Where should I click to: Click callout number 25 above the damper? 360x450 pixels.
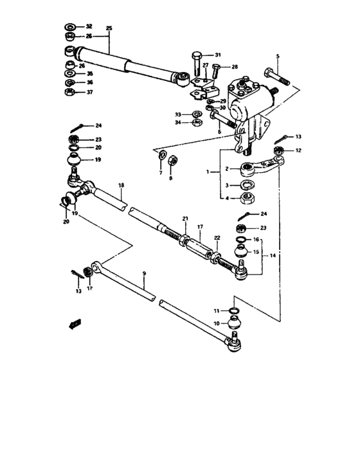pos(109,29)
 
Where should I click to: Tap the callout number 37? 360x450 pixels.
pos(89,92)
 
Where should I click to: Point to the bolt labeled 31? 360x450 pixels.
pos(195,62)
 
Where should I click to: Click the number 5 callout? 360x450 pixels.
pos(278,56)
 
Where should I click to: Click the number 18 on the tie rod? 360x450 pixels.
pos(120,186)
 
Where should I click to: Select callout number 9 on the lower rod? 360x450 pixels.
pos(144,274)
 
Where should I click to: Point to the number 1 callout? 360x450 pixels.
pos(208,172)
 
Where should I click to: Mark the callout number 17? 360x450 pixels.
pos(200,227)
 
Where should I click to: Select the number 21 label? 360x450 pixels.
pos(184,219)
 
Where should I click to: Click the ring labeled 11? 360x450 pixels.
pos(235,312)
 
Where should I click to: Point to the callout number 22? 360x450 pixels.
pos(217,237)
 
